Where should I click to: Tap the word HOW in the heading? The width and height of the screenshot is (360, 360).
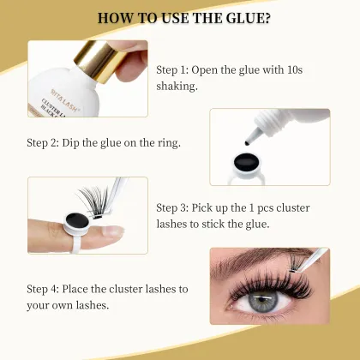click(x=116, y=18)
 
